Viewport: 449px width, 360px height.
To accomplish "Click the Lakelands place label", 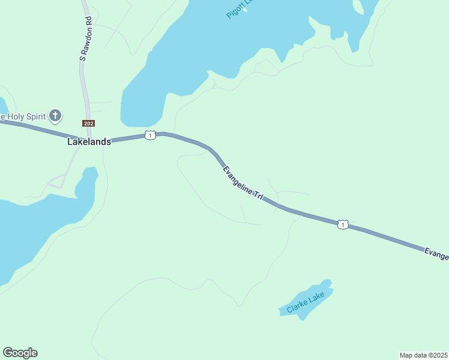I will click(x=89, y=142).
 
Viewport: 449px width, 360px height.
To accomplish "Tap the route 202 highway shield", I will click(x=89, y=124).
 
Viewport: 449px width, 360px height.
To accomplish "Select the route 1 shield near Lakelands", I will click(x=150, y=135).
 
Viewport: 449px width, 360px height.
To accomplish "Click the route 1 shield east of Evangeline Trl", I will click(x=342, y=224).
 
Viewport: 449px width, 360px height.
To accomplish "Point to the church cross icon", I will click(x=55, y=115).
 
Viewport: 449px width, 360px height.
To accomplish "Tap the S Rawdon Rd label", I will click(x=85, y=38).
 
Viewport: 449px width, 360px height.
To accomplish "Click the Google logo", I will click(x=20, y=353).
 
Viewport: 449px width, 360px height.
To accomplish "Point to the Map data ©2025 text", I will click(x=423, y=355).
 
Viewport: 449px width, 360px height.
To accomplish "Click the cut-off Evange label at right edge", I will click(x=436, y=254).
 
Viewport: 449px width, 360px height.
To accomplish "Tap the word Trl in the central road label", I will click(x=259, y=197).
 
